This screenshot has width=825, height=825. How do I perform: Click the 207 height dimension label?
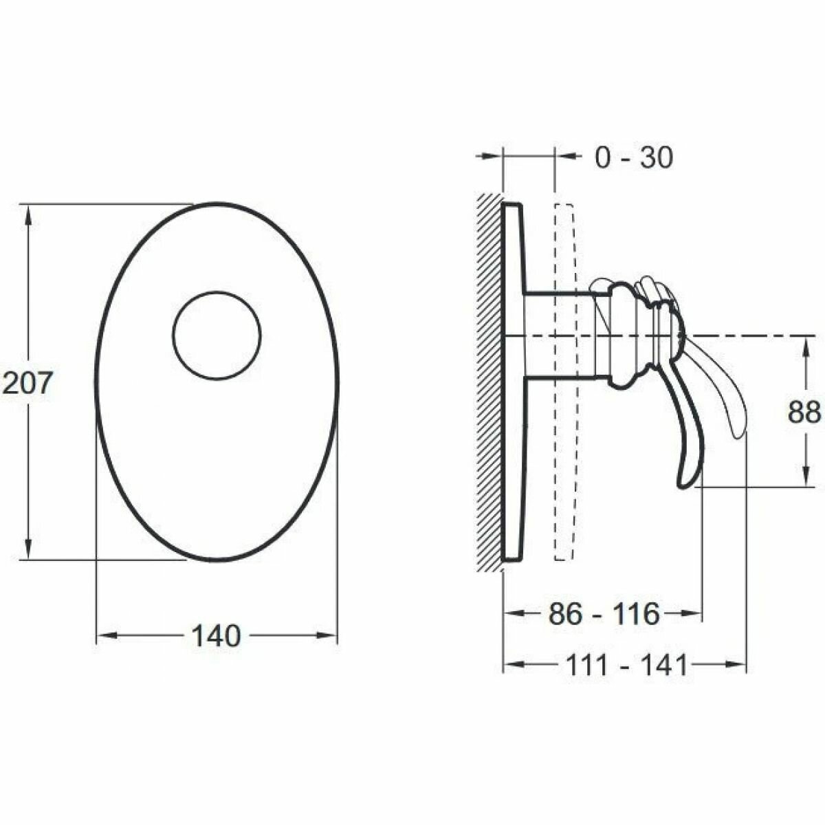tap(27, 383)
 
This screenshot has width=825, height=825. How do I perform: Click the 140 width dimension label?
tap(216, 636)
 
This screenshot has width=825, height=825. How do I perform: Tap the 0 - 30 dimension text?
tap(634, 157)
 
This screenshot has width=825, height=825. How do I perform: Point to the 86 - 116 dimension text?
tap(604, 614)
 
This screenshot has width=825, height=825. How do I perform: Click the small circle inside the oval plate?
tap(217, 335)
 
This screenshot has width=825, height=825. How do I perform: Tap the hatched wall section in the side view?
tap(489, 382)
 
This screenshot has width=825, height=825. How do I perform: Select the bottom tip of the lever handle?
tap(683, 487)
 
